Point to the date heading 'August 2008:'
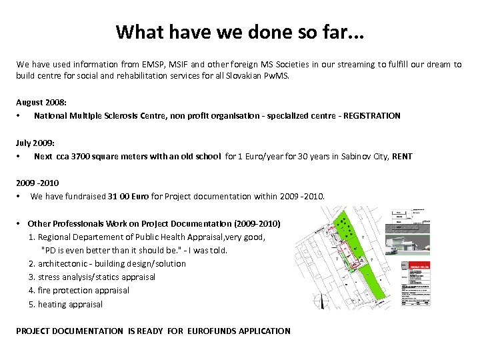(40, 102)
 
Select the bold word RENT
(402, 157)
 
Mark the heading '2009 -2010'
(37, 183)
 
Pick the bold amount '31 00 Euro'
(131, 197)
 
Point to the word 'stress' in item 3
(49, 277)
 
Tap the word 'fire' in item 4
(45, 291)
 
